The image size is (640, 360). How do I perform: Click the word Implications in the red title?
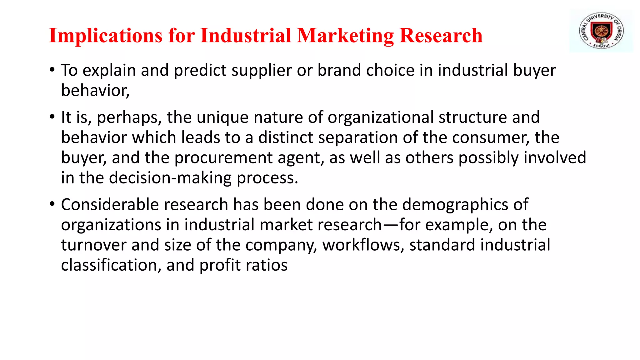[106, 36]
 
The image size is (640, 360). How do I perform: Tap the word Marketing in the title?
[346, 36]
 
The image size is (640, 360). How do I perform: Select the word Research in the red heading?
[441, 36]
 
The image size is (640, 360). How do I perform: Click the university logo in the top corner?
[601, 31]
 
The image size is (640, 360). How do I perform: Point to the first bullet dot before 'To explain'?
[52, 69]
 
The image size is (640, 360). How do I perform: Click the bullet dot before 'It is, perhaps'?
[52, 117]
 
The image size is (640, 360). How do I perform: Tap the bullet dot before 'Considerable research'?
[52, 204]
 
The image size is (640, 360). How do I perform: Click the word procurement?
[223, 158]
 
